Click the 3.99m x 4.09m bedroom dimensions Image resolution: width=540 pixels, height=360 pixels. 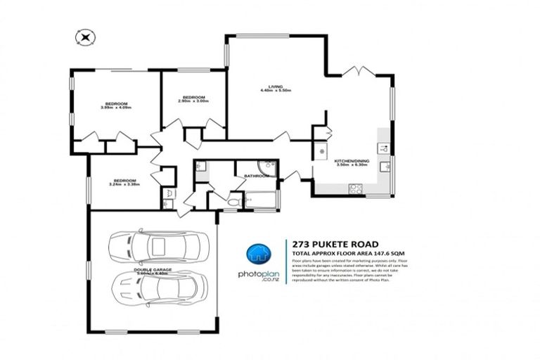point(117,108)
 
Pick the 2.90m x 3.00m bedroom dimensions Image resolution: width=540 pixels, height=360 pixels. point(193,103)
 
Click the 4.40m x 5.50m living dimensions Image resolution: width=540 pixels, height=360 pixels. point(275,91)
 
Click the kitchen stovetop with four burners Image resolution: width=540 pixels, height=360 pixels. point(355,188)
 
